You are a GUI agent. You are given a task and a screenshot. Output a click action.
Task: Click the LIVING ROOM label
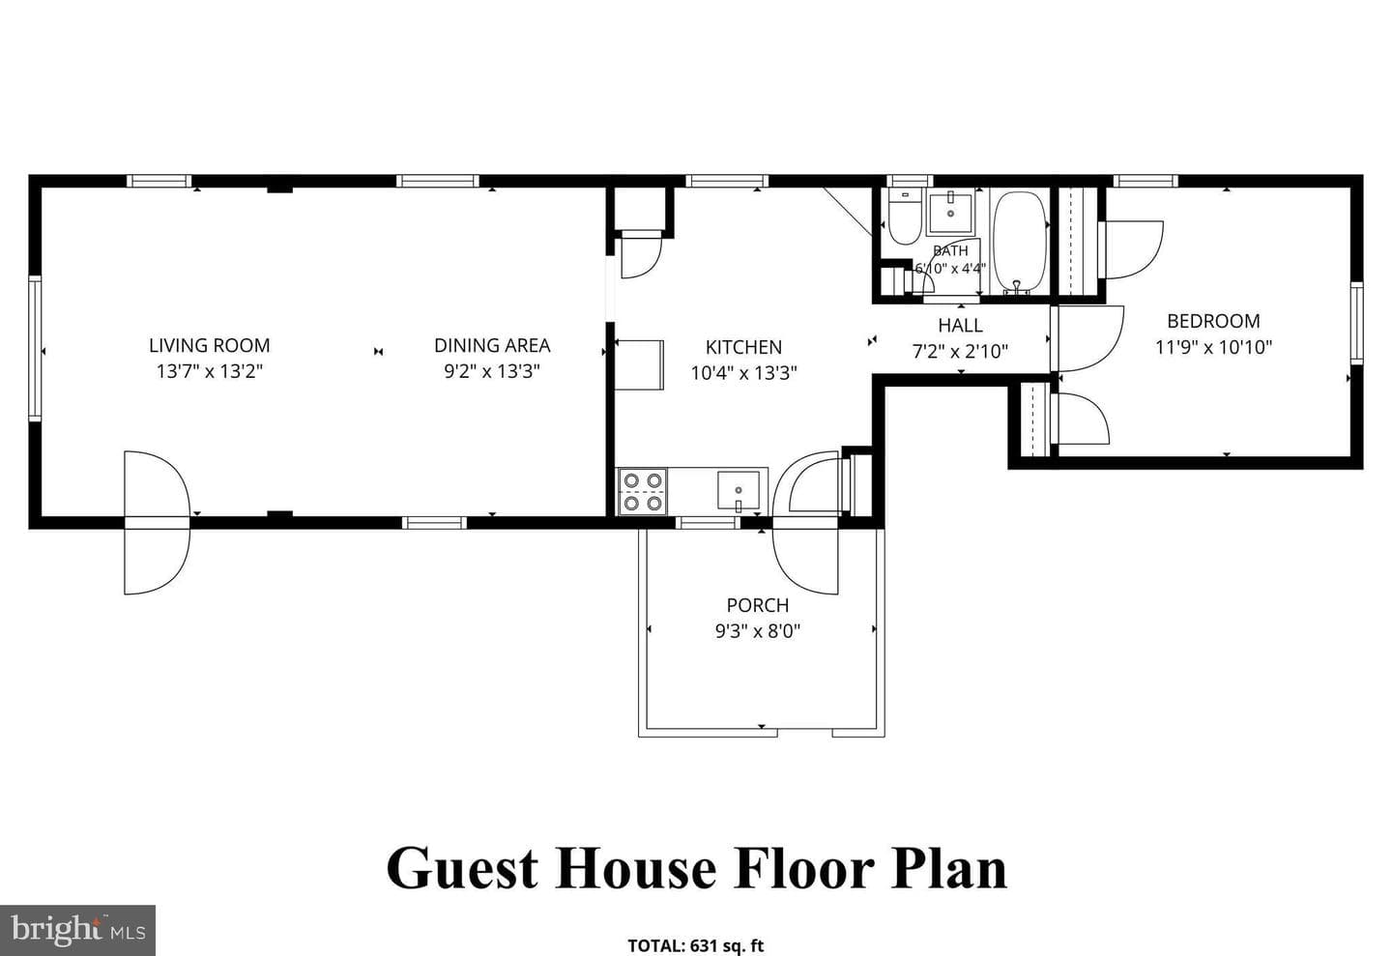210,345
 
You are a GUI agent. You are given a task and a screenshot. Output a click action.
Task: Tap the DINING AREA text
492,345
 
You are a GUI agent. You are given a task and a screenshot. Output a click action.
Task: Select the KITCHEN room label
743,347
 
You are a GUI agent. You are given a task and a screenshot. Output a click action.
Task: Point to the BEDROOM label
1213,321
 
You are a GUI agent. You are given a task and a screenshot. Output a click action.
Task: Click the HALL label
960,325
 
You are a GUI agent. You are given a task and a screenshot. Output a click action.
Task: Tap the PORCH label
758,605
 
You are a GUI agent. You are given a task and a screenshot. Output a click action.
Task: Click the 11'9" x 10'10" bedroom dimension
1213,347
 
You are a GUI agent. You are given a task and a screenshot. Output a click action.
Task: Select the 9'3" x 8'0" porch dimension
758,631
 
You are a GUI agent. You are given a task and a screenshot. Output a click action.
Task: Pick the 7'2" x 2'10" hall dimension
960,351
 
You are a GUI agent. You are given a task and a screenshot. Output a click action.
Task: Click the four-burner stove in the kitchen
643,492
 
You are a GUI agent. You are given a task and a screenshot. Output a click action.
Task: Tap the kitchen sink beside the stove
739,490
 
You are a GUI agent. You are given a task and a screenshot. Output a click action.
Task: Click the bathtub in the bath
1019,243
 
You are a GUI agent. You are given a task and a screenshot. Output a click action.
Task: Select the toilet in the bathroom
904,217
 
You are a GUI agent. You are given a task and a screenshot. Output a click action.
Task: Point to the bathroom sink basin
951,213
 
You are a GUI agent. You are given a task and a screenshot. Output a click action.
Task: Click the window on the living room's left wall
35,349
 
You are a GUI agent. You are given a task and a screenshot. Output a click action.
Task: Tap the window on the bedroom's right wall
1356,323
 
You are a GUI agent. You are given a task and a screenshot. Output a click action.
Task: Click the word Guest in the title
462,868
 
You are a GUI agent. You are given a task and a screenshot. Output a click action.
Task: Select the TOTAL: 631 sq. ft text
695,945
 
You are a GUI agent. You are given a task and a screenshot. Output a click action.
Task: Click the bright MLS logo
77,931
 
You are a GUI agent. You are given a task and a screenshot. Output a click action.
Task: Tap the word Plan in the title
949,868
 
